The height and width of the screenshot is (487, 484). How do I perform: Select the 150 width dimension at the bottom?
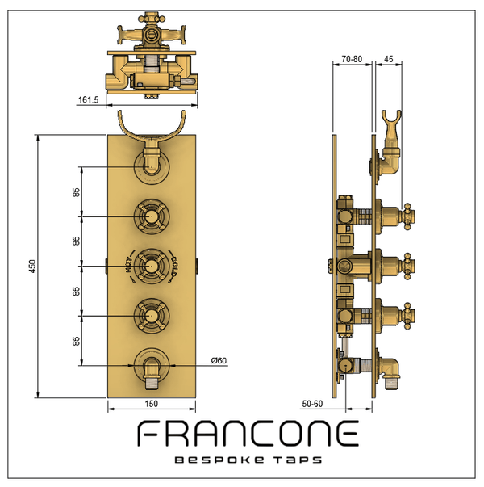[151, 403]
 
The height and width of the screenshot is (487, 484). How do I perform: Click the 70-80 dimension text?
[352, 58]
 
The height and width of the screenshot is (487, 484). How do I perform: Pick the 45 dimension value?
[389, 58]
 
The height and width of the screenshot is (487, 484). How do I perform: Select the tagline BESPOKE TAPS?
[248, 460]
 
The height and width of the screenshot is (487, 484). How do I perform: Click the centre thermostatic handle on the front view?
[151, 264]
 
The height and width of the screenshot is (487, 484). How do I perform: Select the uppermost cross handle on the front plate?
[151, 216]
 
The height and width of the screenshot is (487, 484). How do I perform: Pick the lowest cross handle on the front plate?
[151, 312]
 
